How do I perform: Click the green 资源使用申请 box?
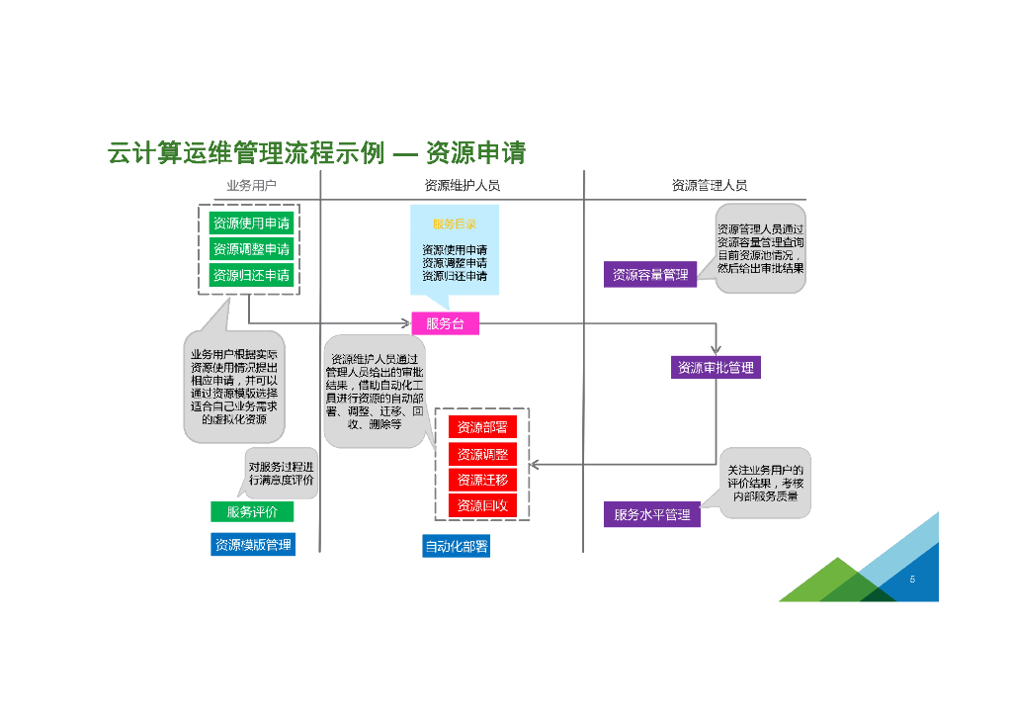click(251, 224)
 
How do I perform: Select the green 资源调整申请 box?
click(251, 249)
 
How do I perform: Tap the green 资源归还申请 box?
click(251, 275)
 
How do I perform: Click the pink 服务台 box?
click(445, 323)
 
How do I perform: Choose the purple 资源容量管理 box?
click(649, 275)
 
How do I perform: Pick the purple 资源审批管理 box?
click(716, 368)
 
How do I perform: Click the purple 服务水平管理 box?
click(651, 514)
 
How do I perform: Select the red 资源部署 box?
click(482, 427)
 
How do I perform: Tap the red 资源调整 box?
click(482, 454)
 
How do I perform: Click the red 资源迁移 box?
click(482, 480)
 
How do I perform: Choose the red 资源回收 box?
click(482, 505)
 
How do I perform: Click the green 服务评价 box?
click(251, 511)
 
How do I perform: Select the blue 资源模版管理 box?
click(252, 544)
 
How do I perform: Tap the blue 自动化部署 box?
click(456, 546)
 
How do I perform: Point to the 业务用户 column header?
click(251, 185)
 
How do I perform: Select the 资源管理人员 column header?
click(709, 185)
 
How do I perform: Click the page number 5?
click(912, 580)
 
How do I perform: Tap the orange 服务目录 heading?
click(454, 224)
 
